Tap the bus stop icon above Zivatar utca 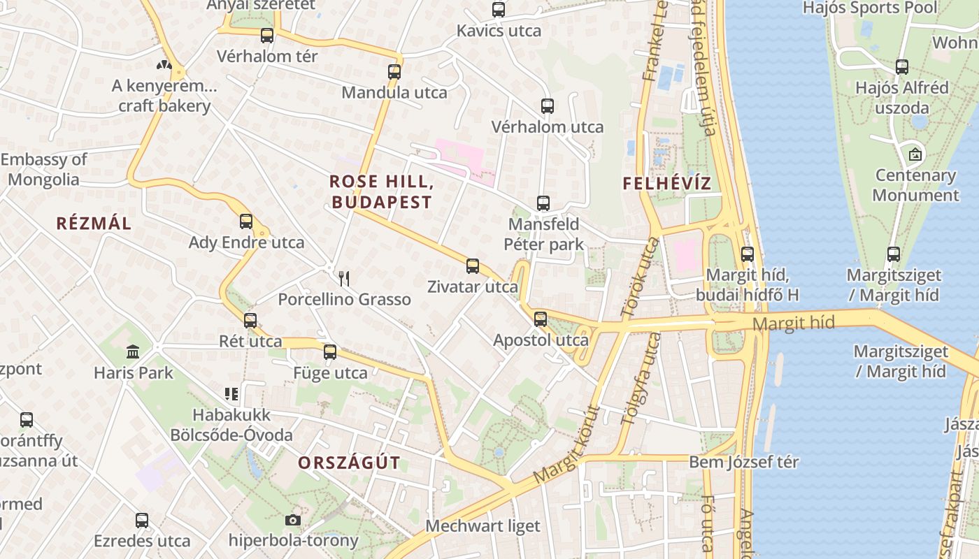click(473, 266)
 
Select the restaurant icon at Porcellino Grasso click(343, 279)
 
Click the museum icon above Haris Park click(133, 351)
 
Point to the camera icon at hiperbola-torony click(293, 520)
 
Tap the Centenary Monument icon click(915, 154)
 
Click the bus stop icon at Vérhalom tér click(267, 36)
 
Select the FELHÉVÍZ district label click(666, 184)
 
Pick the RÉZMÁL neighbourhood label click(94, 224)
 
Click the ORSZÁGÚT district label click(349, 463)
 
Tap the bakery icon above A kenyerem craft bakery click(164, 66)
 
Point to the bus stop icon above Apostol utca click(541, 319)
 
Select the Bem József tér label click(743, 462)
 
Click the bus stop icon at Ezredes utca click(142, 521)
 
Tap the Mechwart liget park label click(483, 525)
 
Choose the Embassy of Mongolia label click(43, 169)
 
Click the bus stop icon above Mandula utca click(394, 72)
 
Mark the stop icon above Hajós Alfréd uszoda click(902, 68)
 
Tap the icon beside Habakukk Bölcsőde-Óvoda click(231, 394)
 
